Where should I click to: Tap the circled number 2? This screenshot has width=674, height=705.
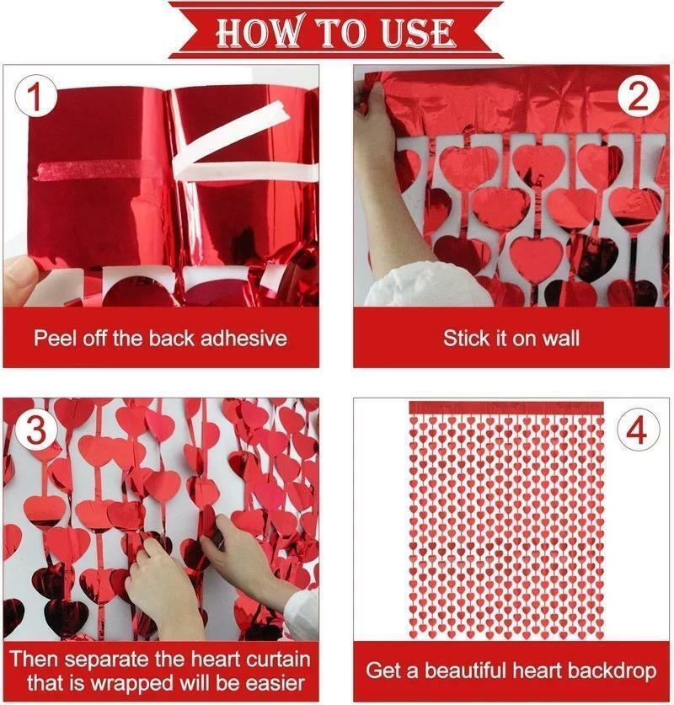638,99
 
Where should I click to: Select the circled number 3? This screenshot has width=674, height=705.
35,430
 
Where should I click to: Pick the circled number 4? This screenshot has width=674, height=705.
638,430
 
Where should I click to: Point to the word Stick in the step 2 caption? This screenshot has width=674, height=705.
466,339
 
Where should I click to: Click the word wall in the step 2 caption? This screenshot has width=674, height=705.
561,339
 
